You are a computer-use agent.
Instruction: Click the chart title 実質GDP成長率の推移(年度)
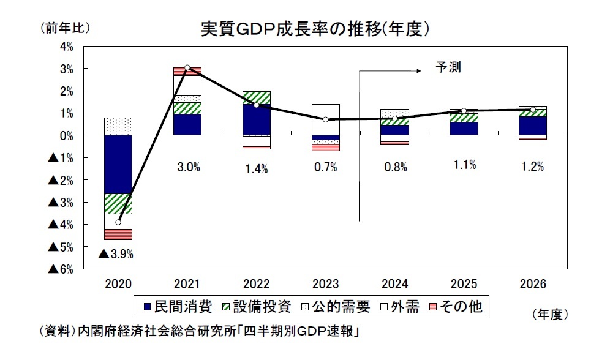click(x=314, y=29)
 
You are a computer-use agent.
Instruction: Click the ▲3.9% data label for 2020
click(x=116, y=253)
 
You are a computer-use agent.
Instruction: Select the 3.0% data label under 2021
click(x=187, y=167)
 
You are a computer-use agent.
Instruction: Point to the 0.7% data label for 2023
click(x=325, y=167)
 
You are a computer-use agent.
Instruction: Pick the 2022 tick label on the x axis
click(x=256, y=285)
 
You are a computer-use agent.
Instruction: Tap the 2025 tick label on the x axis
click(x=463, y=285)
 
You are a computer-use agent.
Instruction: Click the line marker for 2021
click(x=187, y=67)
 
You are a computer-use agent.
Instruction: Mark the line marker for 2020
click(x=118, y=222)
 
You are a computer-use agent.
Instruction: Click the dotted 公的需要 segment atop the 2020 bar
click(x=118, y=126)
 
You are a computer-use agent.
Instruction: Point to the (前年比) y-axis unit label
click(x=65, y=28)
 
